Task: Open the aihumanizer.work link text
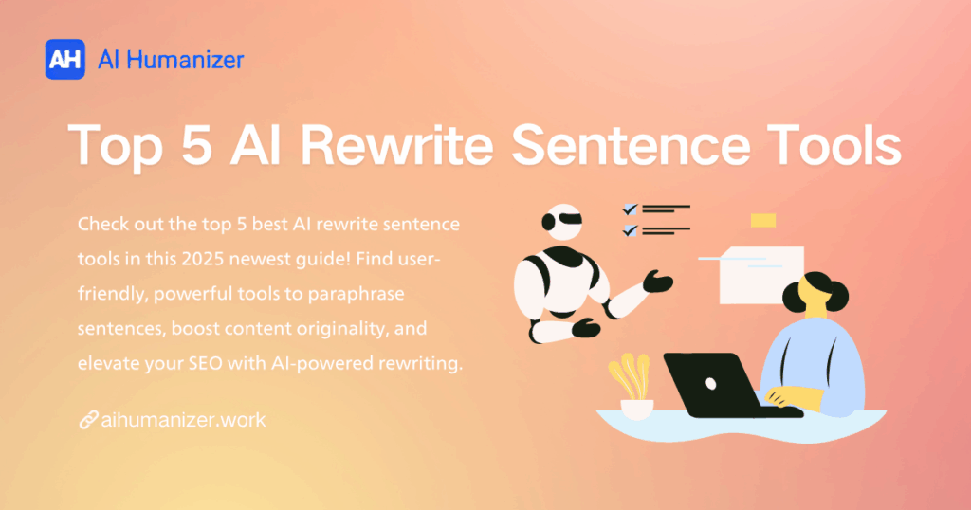pyautogui.click(x=183, y=419)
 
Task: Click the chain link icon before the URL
pyautogui.click(x=88, y=419)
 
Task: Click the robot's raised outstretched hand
pyautogui.click(x=657, y=282)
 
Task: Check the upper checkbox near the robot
pyautogui.click(x=629, y=209)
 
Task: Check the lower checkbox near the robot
pyautogui.click(x=629, y=229)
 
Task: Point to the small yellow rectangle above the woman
pyautogui.click(x=762, y=220)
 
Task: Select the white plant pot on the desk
pyautogui.click(x=636, y=409)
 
